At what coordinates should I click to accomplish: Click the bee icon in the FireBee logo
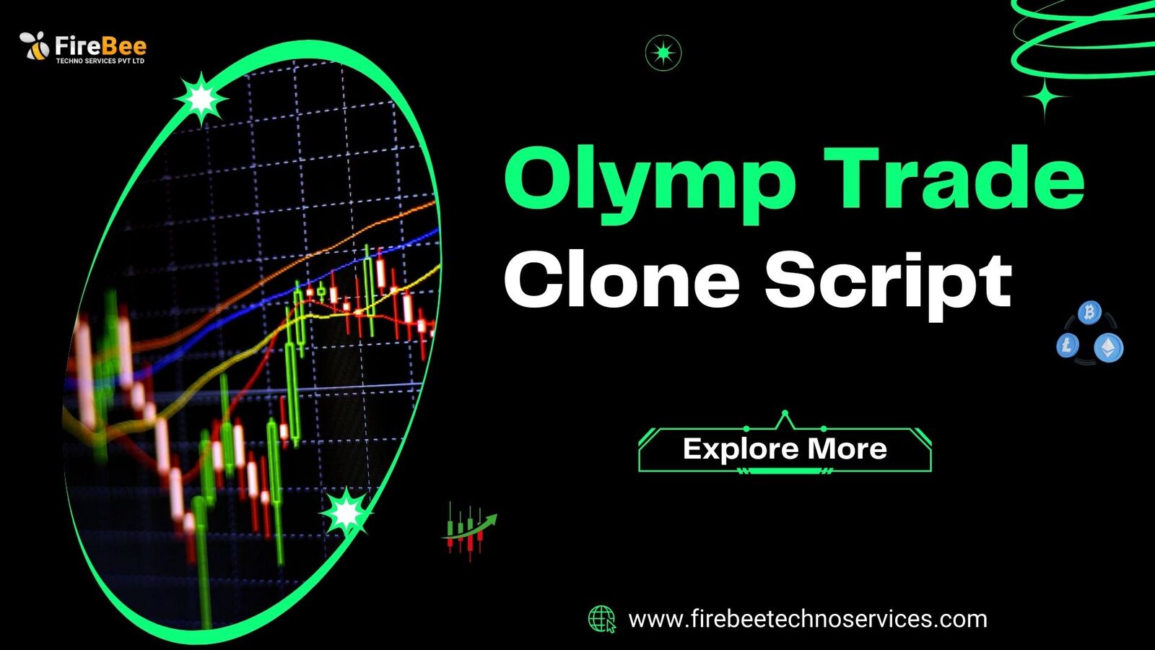click(34, 45)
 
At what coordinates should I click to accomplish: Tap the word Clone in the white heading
click(622, 281)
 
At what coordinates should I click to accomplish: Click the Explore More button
click(785, 448)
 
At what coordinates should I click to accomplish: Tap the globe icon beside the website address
click(602, 619)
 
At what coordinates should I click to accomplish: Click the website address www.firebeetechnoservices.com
click(808, 619)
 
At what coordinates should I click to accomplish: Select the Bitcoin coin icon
click(1089, 313)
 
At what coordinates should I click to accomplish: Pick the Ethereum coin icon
click(1109, 347)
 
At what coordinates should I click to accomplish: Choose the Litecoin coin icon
click(1068, 345)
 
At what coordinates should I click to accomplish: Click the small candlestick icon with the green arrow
click(469, 532)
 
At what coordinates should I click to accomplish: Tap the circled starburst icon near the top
click(663, 53)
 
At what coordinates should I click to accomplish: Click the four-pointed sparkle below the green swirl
click(1044, 97)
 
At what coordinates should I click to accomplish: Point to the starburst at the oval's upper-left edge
click(201, 98)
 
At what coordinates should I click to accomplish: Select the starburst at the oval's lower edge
click(346, 513)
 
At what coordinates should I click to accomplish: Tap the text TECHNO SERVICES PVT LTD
click(100, 61)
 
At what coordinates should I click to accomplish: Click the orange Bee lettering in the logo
click(123, 46)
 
